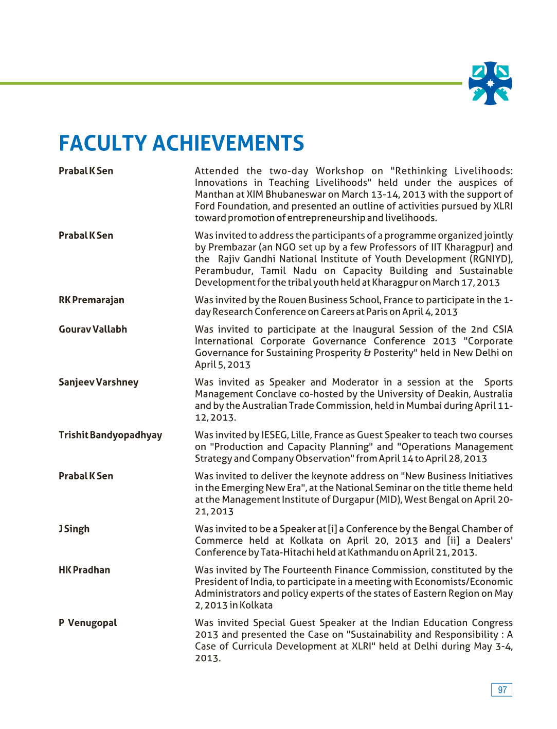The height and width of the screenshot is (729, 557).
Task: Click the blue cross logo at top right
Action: click(x=490, y=83)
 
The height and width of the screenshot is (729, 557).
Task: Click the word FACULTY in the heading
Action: click(x=103, y=143)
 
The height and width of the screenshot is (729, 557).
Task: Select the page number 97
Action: click(x=502, y=690)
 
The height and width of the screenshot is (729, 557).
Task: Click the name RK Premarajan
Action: click(x=92, y=300)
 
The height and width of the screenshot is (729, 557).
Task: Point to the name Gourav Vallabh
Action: click(x=93, y=329)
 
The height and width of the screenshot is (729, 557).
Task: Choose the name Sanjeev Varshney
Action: click(x=98, y=383)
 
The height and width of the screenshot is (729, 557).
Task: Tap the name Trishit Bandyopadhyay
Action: click(x=110, y=435)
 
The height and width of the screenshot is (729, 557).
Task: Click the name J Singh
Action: click(x=74, y=529)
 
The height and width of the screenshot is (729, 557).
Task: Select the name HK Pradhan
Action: click(x=84, y=570)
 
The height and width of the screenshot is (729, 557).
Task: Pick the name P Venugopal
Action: click(x=88, y=623)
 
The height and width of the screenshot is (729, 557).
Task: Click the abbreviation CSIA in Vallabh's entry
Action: click(x=502, y=329)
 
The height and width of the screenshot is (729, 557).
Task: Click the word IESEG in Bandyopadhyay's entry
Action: click(x=274, y=435)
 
